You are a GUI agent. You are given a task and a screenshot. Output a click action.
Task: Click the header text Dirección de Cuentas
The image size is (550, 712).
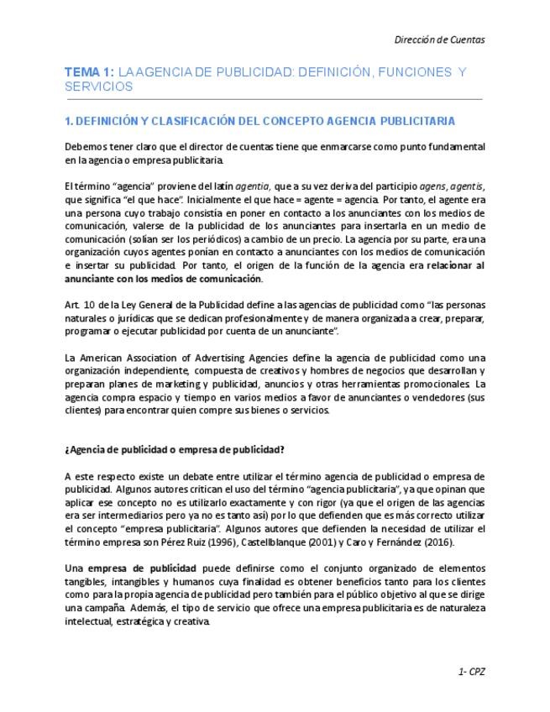point(439,39)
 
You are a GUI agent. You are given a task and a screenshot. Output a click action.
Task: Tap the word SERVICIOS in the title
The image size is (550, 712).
point(98,87)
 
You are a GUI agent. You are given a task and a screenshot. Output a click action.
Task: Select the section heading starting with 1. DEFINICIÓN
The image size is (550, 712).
point(259,122)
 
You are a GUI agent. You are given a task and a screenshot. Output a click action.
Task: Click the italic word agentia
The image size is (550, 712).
point(253,186)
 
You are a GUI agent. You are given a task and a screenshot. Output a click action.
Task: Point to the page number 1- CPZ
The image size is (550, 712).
point(472,672)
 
